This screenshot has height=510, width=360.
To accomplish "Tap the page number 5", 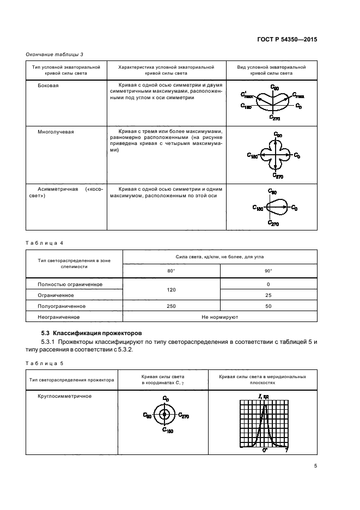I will pos(316,465).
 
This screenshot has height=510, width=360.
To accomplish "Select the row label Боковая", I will pos(48,86).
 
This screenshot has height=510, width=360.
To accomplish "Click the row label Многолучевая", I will pos(56,132).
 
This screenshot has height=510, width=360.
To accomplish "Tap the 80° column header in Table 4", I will pos(171,270).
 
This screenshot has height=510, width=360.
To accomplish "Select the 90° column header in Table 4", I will pos(268,270).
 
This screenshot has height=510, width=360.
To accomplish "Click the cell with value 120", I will pos(171,290).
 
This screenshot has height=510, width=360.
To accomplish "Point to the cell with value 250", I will pos(171,306).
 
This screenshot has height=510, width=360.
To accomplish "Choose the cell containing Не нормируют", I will pos(219,317).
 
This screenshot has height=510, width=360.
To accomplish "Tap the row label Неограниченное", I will pos(59,317).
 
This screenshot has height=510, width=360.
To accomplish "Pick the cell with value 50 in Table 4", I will pos(268,306).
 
